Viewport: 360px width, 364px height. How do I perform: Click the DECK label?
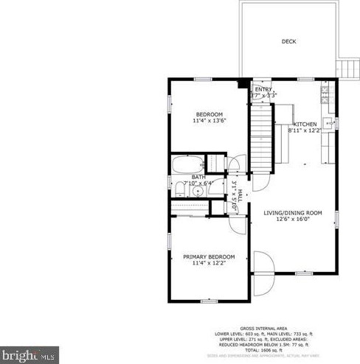point(288,42)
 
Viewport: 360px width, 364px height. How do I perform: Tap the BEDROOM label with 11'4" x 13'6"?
point(209,113)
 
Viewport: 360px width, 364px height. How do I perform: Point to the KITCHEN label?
point(305,125)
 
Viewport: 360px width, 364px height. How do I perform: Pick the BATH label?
point(198,177)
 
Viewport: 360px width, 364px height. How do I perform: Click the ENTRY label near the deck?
point(263,89)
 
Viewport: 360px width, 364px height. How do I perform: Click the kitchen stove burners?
point(325,94)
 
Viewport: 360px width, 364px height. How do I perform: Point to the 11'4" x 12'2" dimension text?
point(209,263)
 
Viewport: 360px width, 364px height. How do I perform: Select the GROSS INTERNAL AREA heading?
point(264,329)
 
